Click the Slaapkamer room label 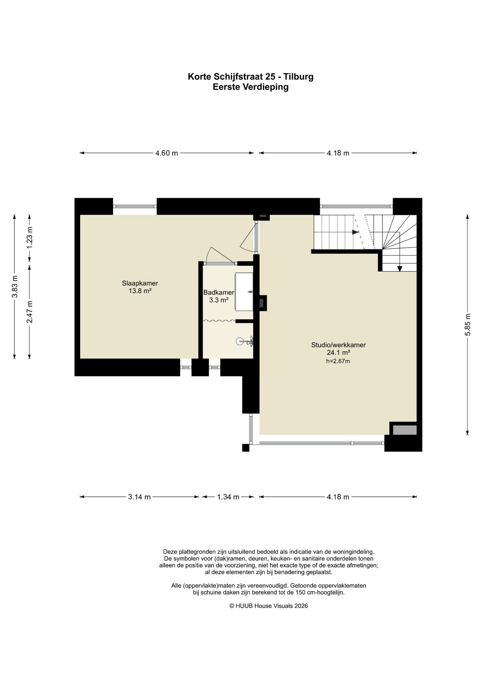pyautogui.click(x=140, y=283)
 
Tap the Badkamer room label pyautogui.click(x=219, y=293)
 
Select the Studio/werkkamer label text pyautogui.click(x=338, y=345)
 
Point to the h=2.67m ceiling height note pyautogui.click(x=338, y=361)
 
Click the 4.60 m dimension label pyautogui.click(x=166, y=153)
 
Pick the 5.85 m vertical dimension pyautogui.click(x=468, y=325)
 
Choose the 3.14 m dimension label pyautogui.click(x=139, y=497)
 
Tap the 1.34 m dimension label pyautogui.click(x=228, y=497)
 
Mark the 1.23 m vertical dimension pyautogui.click(x=30, y=238)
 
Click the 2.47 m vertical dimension pyautogui.click(x=30, y=312)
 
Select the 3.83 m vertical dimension pyautogui.click(x=15, y=287)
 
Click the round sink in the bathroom pyautogui.click(x=240, y=341)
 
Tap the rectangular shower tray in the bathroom pyautogui.click(x=244, y=292)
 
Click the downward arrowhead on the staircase pyautogui.click(x=400, y=268)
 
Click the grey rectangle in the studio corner pyautogui.click(x=405, y=430)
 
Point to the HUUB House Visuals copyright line pyautogui.click(x=269, y=606)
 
